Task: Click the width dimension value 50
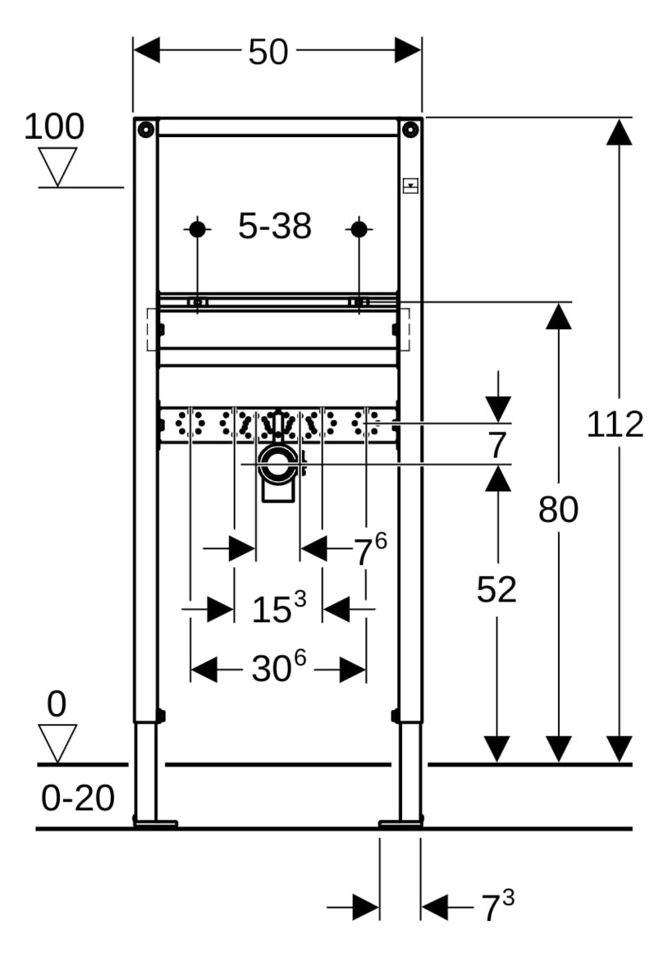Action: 268,52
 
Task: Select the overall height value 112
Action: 615,424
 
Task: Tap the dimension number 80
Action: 558,511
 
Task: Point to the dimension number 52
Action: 496,589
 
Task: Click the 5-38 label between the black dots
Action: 275,227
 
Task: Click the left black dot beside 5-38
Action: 197,229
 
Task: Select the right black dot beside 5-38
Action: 359,229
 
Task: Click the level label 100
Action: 53,127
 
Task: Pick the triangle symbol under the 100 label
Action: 57,164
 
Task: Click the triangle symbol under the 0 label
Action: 57,741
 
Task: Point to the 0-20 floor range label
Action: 78,798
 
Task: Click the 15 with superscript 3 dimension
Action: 277,609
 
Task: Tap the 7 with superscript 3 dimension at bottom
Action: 496,907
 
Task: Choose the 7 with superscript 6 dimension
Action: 369,550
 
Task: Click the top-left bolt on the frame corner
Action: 145,129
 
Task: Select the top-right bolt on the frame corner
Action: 410,129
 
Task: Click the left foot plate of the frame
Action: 155,822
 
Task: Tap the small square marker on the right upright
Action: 410,185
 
